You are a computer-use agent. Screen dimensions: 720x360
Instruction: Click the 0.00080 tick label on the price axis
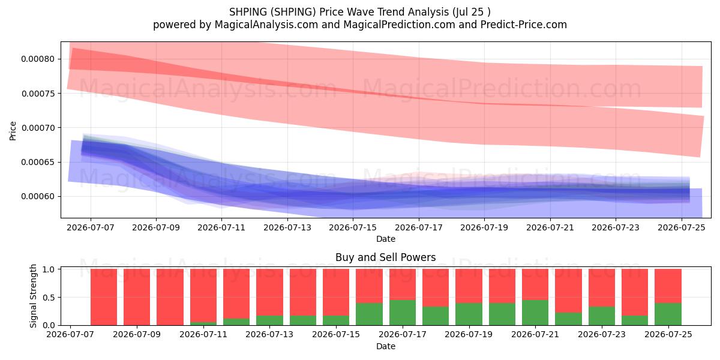38,59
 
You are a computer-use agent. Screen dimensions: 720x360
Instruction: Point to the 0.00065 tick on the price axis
38,162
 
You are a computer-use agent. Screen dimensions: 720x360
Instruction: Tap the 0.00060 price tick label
38,196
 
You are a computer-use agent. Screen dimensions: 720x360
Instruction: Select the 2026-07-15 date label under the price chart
353,227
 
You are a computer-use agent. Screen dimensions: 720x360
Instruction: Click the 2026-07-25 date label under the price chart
682,227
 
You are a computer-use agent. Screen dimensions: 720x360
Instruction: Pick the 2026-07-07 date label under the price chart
91,227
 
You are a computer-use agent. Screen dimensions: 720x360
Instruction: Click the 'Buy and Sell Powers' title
385,257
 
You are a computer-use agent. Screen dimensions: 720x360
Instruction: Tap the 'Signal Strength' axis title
33,296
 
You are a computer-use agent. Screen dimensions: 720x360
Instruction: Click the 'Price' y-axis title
13,131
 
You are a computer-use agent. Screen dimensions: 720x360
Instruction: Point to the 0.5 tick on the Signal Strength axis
49,298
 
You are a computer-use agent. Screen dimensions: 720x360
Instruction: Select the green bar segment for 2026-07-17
403,313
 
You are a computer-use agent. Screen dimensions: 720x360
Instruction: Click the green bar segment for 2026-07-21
535,313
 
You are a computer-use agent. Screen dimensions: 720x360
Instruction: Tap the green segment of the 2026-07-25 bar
668,314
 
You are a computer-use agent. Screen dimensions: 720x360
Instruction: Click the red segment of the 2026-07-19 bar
469,286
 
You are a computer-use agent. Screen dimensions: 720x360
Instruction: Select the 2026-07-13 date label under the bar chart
269,334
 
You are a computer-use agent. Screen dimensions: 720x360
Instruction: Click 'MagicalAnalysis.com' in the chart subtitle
266,25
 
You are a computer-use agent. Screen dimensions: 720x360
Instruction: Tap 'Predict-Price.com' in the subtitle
524,25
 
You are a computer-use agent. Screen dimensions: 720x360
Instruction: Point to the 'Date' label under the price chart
386,239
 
